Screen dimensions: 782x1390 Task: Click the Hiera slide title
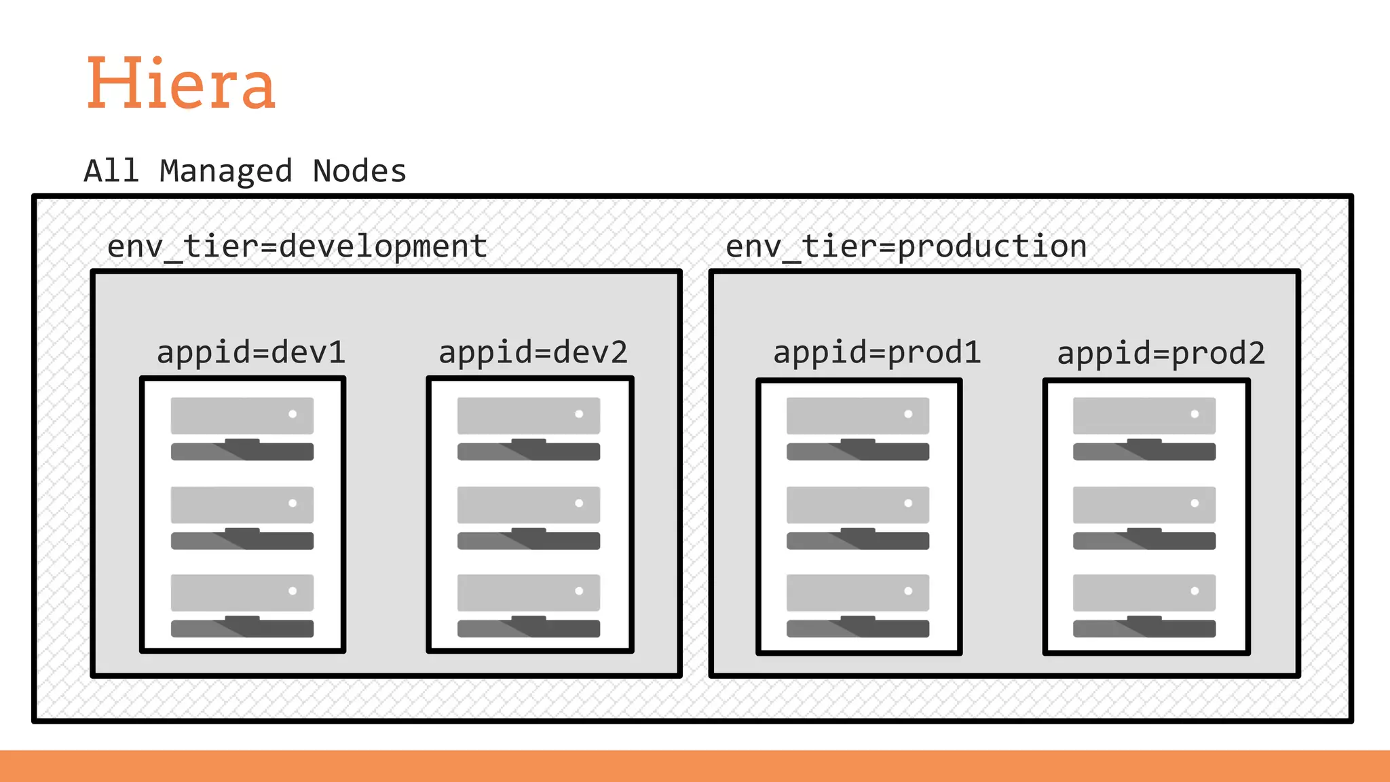coord(181,83)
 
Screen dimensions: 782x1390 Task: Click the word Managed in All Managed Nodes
coord(225,171)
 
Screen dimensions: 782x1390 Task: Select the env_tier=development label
coord(297,246)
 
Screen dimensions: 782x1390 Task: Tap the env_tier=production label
coord(906,246)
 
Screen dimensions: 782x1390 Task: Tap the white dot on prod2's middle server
coord(1195,503)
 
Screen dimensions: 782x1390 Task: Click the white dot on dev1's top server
coord(293,414)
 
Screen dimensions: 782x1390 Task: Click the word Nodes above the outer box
coord(359,171)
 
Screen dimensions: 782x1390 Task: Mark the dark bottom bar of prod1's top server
coord(858,451)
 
